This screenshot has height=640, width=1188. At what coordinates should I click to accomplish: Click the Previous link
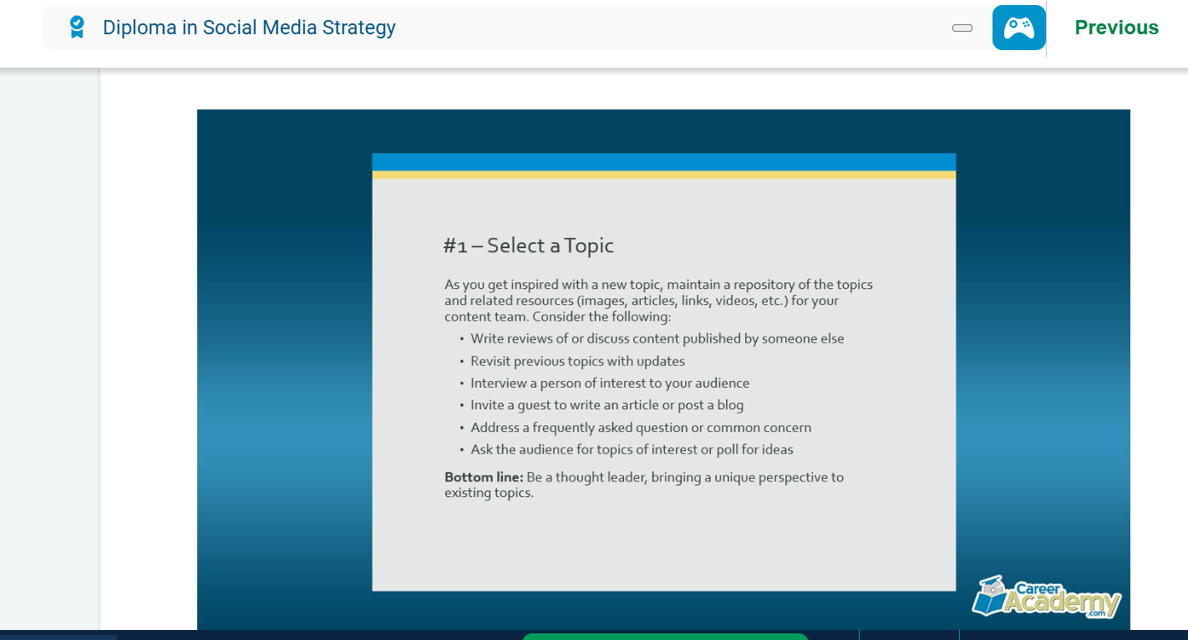tap(1116, 28)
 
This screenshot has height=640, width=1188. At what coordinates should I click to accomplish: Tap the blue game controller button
tap(1018, 28)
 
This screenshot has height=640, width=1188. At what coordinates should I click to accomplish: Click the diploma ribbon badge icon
tap(77, 27)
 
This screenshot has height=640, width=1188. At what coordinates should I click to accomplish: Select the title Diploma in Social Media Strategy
tap(249, 28)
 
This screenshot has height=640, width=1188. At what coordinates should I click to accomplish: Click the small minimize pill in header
tap(962, 28)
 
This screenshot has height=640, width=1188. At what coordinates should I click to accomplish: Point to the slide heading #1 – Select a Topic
tap(528, 246)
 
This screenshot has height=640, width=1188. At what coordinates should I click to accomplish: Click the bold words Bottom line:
tap(484, 477)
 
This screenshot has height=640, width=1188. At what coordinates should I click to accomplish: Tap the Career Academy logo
tap(1047, 597)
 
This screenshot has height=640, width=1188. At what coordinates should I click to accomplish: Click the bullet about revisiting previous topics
tap(577, 361)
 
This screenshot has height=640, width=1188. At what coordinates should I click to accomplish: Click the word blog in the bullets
tap(730, 405)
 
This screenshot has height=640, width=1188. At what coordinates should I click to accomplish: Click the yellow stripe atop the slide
tap(664, 175)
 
